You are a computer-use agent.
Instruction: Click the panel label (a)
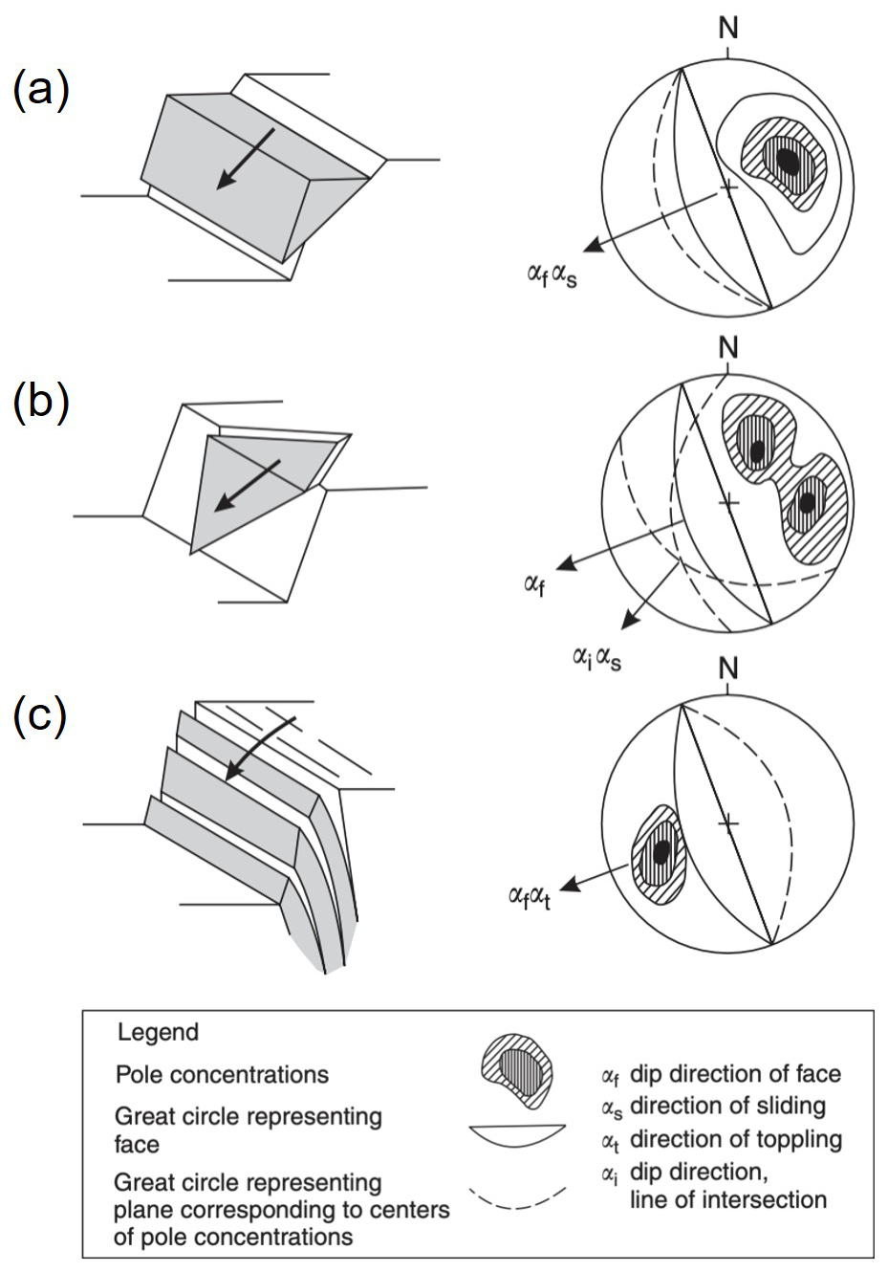[41, 92]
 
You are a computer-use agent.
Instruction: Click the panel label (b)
[41, 402]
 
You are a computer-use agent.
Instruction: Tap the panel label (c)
[40, 716]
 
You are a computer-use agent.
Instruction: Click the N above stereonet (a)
[729, 29]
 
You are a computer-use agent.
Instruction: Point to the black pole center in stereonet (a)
[789, 161]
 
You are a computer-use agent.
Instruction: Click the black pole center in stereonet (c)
[661, 850]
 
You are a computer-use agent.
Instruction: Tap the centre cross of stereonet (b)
[729, 500]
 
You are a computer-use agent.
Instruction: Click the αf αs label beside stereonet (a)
[552, 276]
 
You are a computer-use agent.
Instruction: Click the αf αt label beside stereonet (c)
[531, 896]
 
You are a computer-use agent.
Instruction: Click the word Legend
[158, 1033]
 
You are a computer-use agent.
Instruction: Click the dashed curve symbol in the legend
[516, 1197]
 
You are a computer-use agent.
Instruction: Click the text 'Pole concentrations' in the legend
[222, 1075]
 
